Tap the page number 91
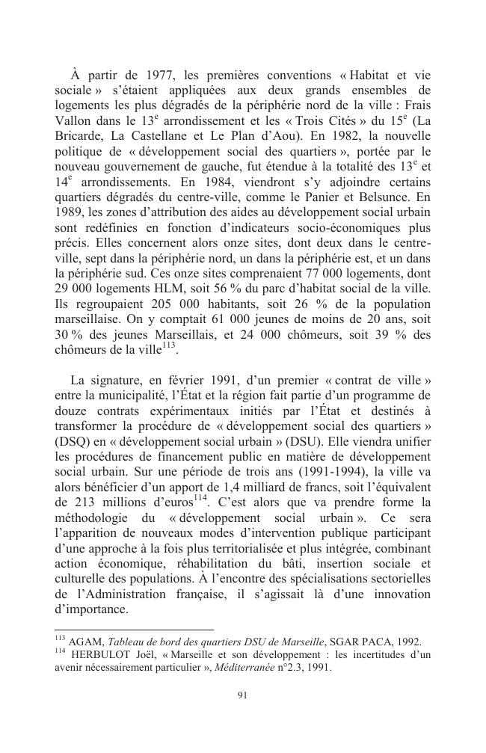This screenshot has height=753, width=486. pyautogui.click(x=242, y=695)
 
